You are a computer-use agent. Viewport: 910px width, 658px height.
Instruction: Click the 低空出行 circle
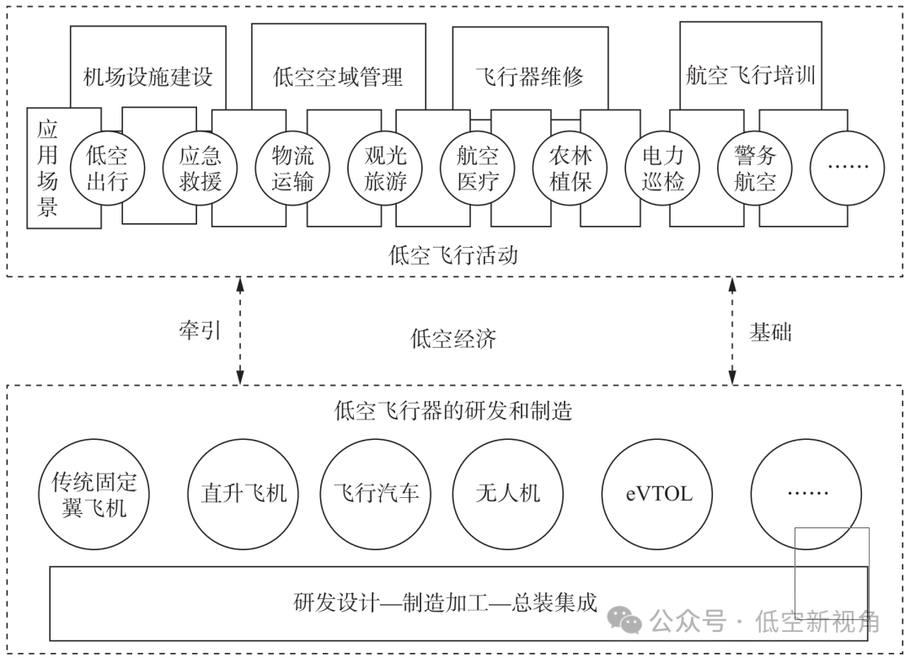pos(107,168)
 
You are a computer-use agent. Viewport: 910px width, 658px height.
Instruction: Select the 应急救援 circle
pos(200,168)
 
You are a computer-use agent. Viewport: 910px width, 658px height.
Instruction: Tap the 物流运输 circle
pos(292,168)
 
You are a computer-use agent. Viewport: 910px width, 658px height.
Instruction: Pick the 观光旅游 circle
pos(385,168)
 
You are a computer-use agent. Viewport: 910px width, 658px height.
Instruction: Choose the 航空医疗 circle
pos(478,168)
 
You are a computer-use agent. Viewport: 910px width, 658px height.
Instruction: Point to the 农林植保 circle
pos(570,168)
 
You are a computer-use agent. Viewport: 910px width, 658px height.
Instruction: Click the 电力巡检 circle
pos(663,168)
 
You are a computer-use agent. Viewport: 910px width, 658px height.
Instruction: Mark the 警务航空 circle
pos(755,168)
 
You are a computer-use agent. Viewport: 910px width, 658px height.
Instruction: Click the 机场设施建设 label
pos(148,78)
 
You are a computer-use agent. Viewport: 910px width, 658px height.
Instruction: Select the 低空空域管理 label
pos(338,78)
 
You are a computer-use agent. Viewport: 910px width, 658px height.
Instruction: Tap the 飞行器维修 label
pos(530,78)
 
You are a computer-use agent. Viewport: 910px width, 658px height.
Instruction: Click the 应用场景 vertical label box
pos(48,169)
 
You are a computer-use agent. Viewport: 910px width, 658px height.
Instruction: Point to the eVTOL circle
pos(658,493)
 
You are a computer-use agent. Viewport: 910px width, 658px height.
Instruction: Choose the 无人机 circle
pos(507,493)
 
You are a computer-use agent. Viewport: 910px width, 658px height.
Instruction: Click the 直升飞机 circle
pos(244,493)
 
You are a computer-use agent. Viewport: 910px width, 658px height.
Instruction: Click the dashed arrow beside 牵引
pos(241,331)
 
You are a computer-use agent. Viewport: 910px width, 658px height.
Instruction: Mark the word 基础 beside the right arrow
pos(770,332)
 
